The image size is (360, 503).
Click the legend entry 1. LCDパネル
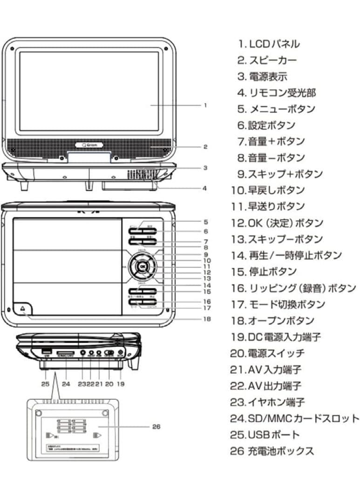[268, 44]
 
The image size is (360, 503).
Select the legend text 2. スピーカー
[266, 61]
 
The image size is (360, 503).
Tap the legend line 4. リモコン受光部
[276, 93]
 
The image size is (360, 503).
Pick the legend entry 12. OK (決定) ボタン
[283, 223]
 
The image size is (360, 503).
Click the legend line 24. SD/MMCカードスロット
[294, 418]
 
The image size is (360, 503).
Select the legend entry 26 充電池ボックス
[272, 451]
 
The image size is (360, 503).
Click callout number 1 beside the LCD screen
[205, 105]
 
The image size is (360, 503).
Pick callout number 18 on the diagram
[207, 319]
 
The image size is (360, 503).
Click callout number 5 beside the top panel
[205, 222]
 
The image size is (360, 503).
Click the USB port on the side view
[46, 351]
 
